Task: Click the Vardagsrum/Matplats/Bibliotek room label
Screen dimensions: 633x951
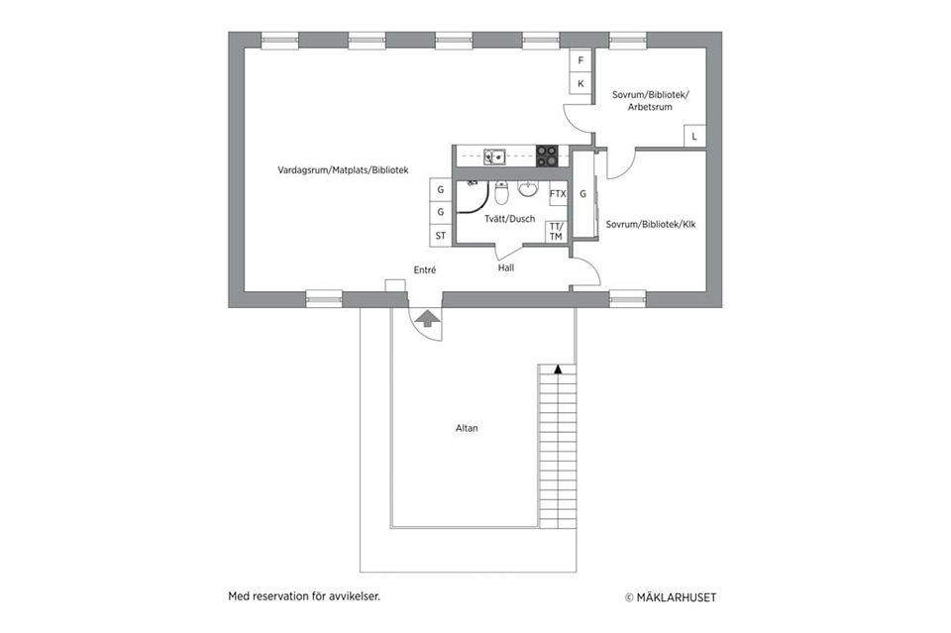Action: point(343,170)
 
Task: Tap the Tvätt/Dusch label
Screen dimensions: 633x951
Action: point(510,219)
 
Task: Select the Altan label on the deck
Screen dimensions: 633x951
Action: point(467,428)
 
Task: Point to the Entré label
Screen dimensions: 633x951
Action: point(425,269)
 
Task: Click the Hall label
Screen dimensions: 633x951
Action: point(506,267)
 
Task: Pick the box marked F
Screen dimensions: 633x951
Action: point(581,60)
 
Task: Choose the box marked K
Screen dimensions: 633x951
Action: point(581,84)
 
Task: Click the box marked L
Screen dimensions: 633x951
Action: point(693,137)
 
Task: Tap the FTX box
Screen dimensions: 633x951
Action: point(558,194)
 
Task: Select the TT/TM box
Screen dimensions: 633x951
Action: point(556,232)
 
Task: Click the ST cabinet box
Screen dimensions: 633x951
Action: point(441,236)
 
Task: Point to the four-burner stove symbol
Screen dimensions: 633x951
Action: point(547,156)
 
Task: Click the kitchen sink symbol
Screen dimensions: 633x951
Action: point(494,156)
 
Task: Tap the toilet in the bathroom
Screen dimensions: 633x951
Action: point(501,190)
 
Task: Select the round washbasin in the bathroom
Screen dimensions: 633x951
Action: point(528,188)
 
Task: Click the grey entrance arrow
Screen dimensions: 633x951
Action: point(427,318)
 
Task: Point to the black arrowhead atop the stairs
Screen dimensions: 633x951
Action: point(558,369)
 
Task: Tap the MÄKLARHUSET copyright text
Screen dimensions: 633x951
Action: point(671,597)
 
